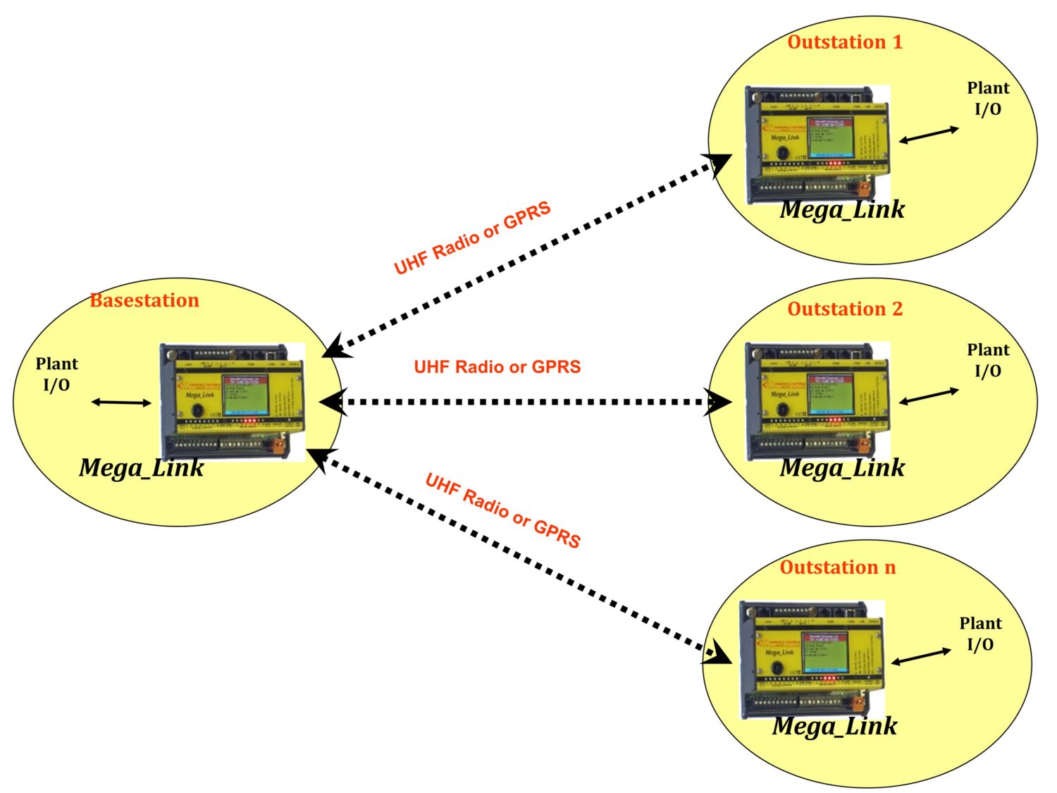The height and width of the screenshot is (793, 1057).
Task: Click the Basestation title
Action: (x=144, y=301)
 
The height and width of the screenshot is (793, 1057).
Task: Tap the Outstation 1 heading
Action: (x=845, y=42)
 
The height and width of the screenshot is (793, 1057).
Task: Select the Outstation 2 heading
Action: (x=845, y=309)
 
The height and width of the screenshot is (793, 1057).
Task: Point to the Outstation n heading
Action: (x=838, y=567)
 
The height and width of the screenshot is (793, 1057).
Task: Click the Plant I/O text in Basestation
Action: (x=56, y=374)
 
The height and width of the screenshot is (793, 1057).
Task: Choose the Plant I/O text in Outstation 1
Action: (x=988, y=99)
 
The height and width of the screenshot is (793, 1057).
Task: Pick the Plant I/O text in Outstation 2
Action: (x=988, y=360)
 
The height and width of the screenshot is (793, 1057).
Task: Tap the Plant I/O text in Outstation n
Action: (x=980, y=634)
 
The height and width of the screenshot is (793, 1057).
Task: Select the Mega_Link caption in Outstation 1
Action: (x=842, y=210)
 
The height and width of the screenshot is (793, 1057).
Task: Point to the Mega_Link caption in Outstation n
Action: (x=835, y=726)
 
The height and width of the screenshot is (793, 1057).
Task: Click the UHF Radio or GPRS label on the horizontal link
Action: (x=497, y=367)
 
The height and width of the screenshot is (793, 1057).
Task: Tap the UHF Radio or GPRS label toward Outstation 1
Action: (x=472, y=239)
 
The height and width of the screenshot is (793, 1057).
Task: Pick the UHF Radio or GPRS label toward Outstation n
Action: (x=503, y=511)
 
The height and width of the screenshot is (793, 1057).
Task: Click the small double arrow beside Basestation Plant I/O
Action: (x=121, y=402)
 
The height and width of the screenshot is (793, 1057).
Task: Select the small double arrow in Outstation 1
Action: (x=929, y=135)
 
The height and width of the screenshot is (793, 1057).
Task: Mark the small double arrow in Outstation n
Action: (x=922, y=657)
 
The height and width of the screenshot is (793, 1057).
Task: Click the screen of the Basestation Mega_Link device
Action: (x=245, y=395)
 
